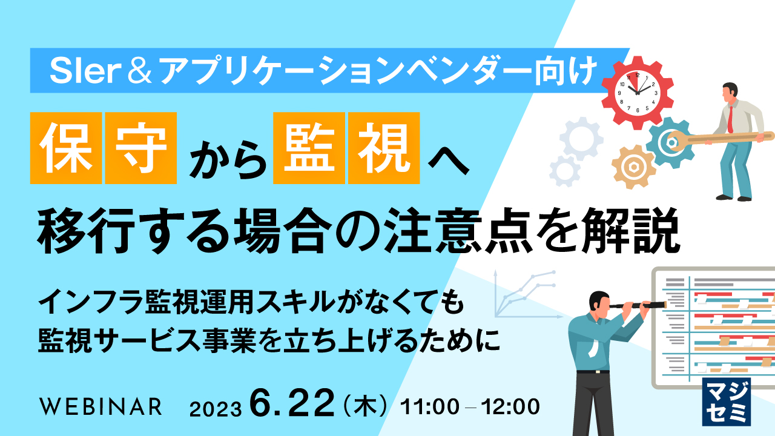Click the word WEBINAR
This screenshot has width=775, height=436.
[x=100, y=406]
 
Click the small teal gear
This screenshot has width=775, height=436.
[x=670, y=142]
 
